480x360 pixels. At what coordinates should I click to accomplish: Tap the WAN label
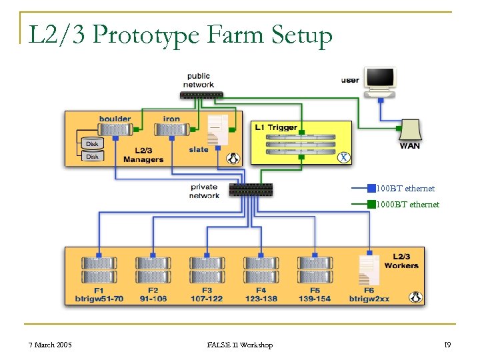(409, 145)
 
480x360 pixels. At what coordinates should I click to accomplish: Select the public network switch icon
(203, 95)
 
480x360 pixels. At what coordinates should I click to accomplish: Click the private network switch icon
(251, 189)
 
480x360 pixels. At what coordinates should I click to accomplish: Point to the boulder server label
(115, 119)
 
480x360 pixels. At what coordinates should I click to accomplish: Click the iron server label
(171, 119)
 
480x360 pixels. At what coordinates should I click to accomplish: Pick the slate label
(199, 149)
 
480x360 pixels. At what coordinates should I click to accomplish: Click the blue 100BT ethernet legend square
(371, 188)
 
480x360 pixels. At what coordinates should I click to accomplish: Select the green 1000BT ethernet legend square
(371, 204)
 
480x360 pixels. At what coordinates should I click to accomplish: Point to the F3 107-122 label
(207, 295)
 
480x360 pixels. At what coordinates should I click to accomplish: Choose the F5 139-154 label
(315, 295)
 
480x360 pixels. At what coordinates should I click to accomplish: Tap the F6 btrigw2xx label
(369, 295)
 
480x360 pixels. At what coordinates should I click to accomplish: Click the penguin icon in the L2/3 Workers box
(417, 297)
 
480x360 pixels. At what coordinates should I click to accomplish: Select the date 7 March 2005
(50, 345)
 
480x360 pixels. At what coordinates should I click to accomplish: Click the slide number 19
(447, 345)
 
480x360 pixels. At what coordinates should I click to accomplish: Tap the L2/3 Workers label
(401, 261)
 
